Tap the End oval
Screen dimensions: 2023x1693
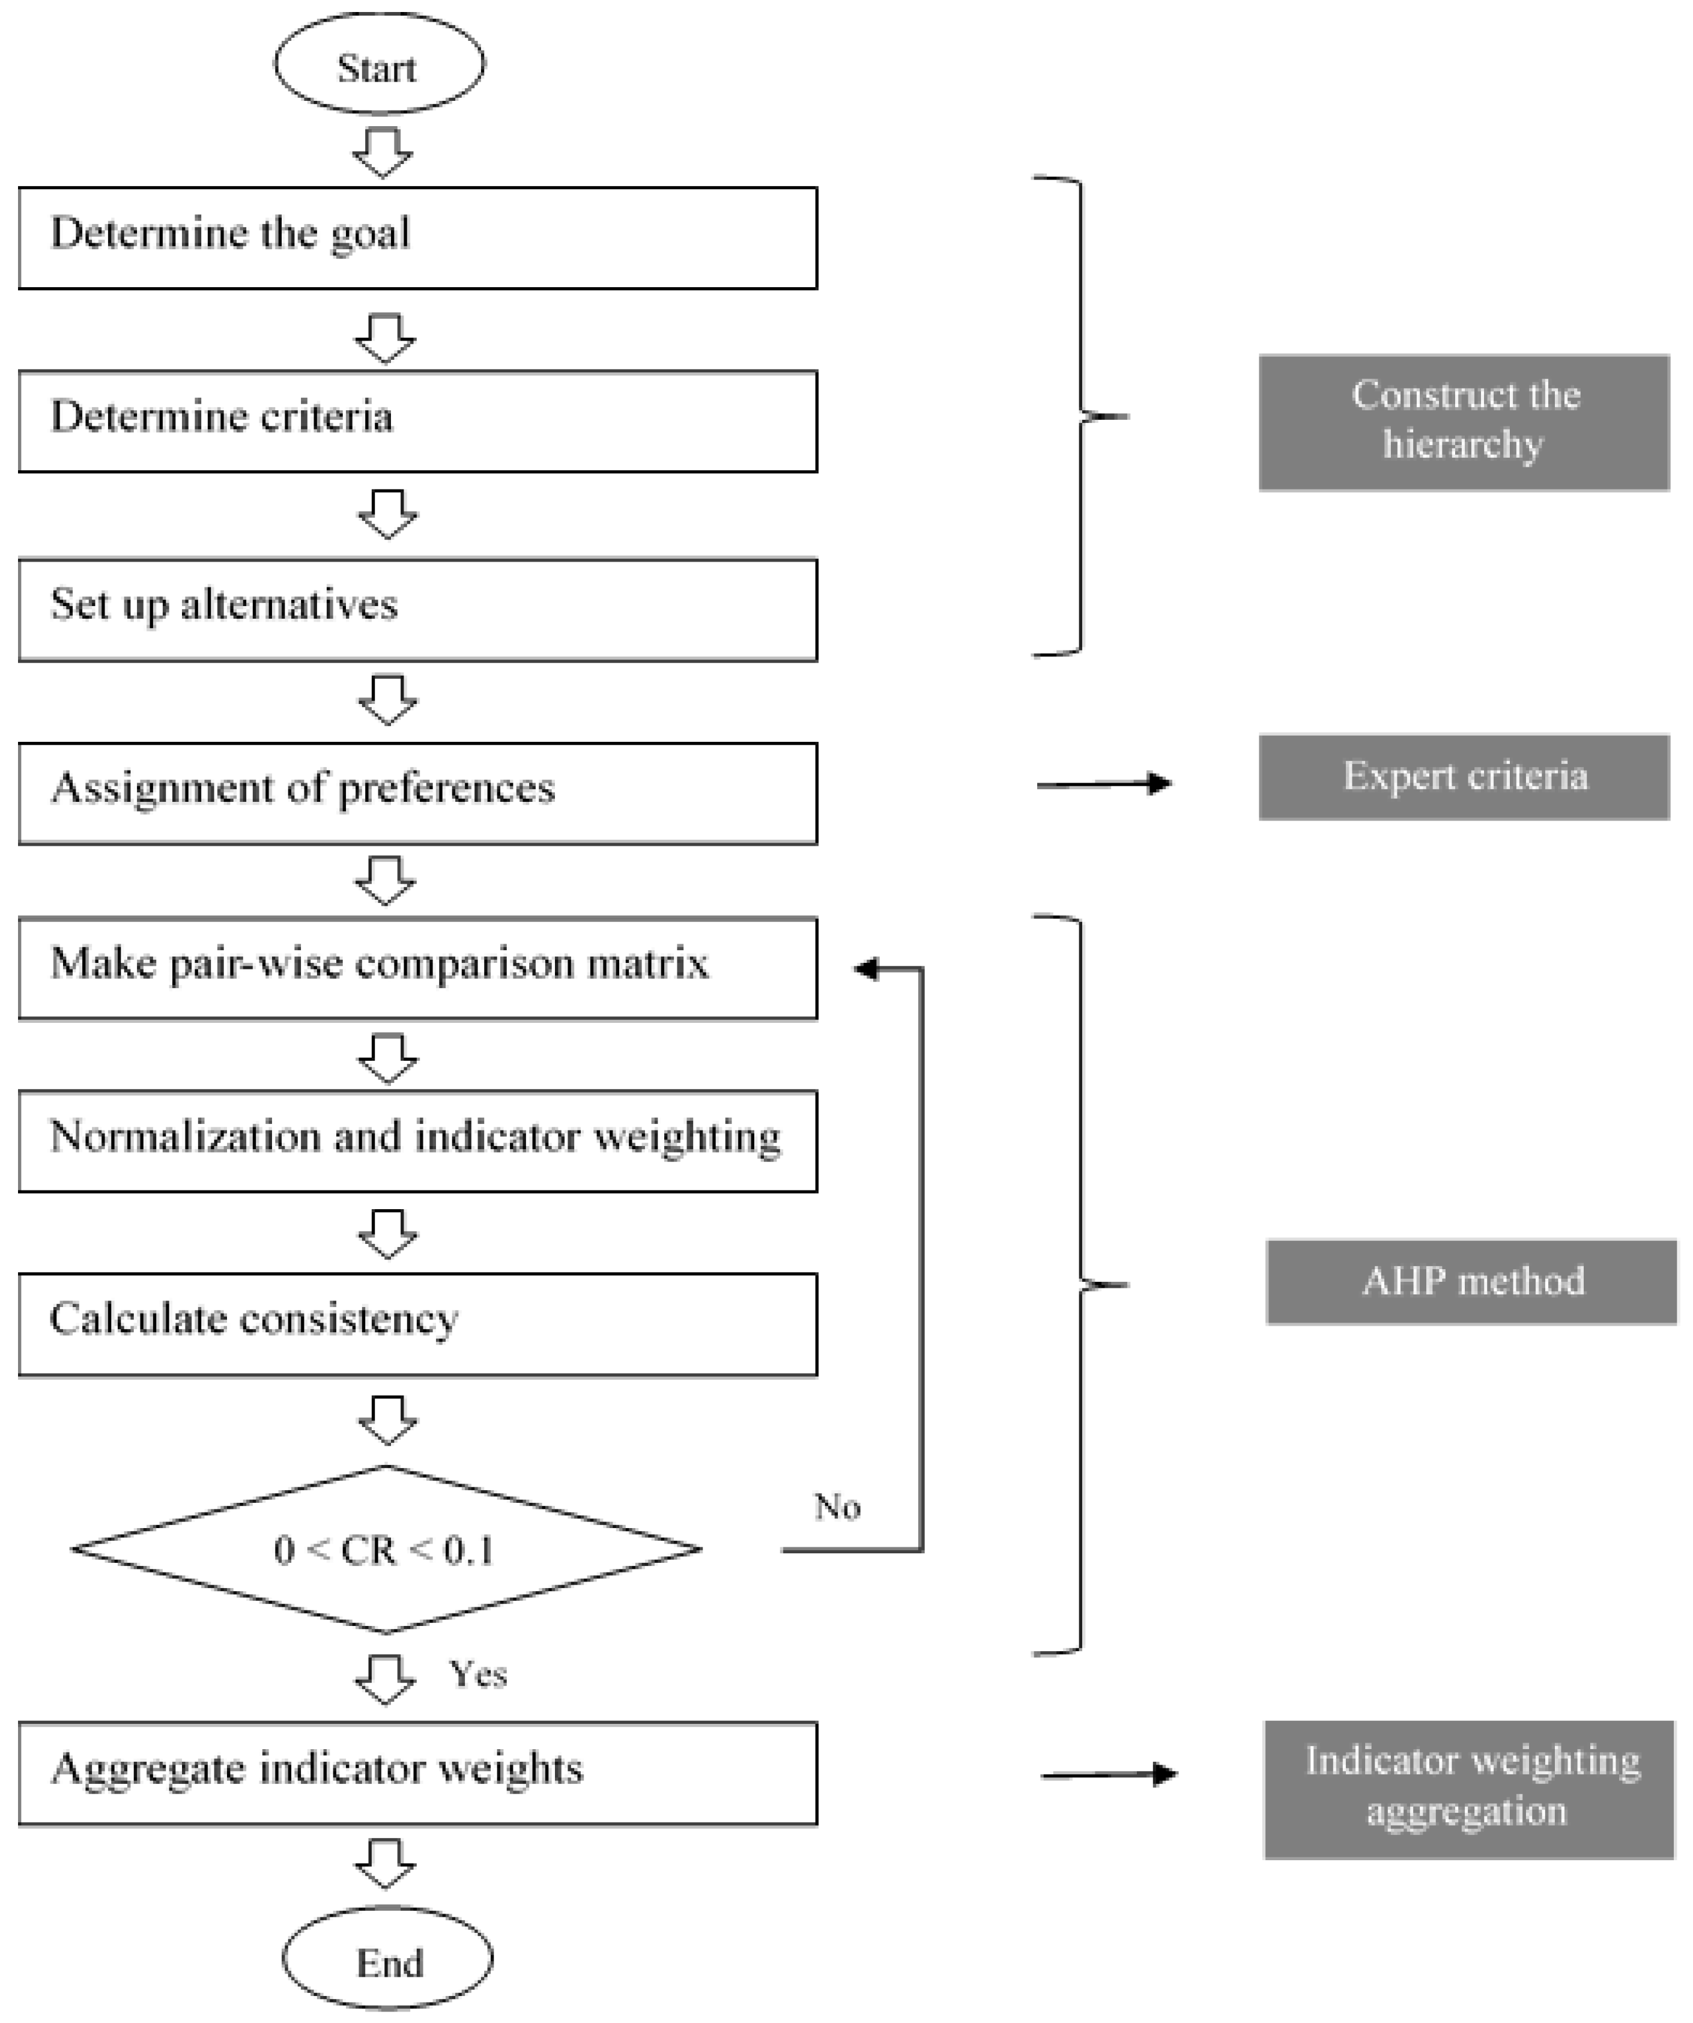point(387,1961)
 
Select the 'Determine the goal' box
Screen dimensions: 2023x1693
point(417,238)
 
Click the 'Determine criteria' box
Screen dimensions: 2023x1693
point(417,421)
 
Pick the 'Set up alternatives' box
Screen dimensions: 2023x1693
point(417,609)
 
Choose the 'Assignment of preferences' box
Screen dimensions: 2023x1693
point(417,793)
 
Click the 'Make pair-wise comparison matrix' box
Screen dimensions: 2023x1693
point(417,967)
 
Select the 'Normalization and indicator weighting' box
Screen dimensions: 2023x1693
point(417,1141)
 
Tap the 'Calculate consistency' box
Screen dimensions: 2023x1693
point(417,1324)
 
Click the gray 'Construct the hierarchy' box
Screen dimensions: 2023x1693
point(1463,422)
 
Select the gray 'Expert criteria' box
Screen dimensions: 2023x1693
point(1463,777)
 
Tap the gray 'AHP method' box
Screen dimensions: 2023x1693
point(1471,1281)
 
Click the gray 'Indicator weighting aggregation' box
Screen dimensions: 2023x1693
point(1468,1789)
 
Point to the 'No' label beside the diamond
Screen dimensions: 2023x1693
point(836,1506)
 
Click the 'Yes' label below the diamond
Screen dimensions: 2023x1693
point(477,1674)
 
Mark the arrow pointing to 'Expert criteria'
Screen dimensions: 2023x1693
point(1104,784)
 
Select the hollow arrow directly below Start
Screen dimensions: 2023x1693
point(383,152)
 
